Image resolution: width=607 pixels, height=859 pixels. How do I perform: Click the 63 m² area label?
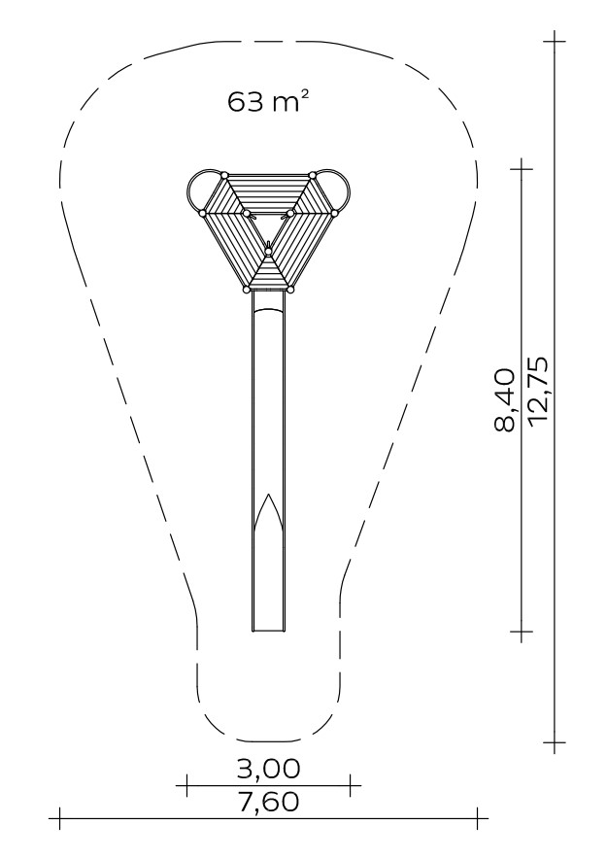264,102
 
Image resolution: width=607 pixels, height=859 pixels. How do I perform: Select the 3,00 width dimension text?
268,769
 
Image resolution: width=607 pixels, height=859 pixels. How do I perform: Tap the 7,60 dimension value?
268,802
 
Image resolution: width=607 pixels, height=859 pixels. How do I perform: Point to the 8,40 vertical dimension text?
505,400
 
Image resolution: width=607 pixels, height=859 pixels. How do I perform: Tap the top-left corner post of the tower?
224,175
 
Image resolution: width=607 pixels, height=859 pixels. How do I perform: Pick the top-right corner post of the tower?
313,175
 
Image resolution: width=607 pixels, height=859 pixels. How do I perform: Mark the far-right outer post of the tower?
335,213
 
